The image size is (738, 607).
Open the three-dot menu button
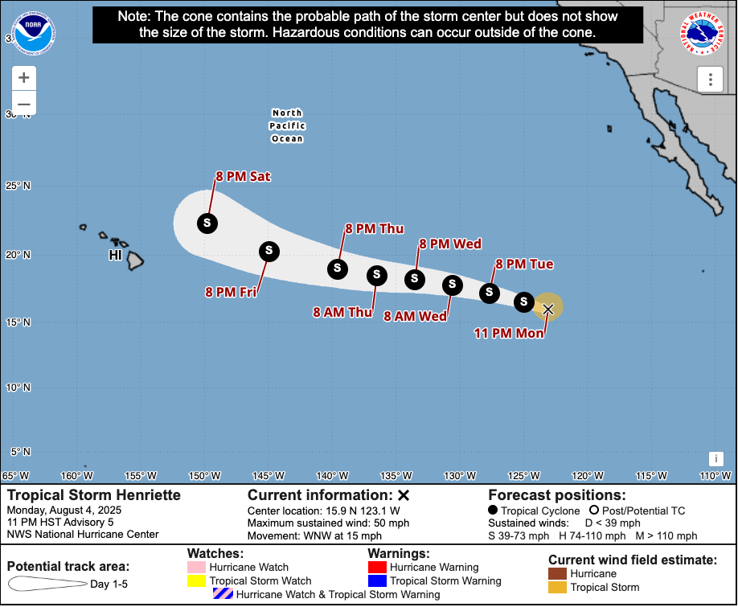(x=711, y=79)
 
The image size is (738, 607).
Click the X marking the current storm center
(x=548, y=309)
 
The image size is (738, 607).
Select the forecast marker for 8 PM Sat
(x=207, y=223)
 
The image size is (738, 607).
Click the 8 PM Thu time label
(x=374, y=229)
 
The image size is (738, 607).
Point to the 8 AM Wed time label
(x=415, y=317)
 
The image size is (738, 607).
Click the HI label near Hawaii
(x=117, y=256)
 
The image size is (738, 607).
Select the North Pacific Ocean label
(x=287, y=126)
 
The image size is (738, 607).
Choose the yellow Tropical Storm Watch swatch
(x=197, y=580)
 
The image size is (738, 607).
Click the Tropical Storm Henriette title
(x=94, y=495)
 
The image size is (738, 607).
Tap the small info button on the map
(x=715, y=458)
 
